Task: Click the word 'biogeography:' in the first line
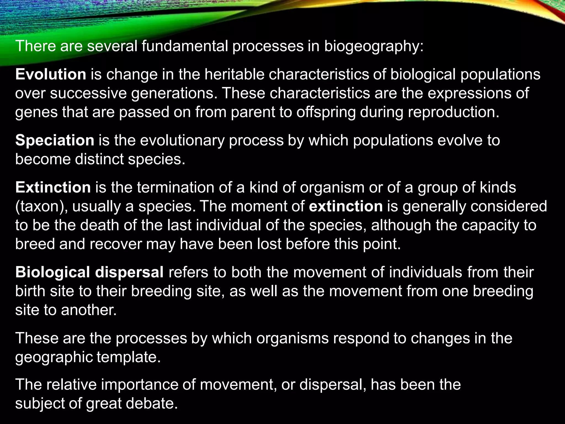pyautogui.click(x=374, y=46)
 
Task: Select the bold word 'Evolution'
pyautogui.click(x=51, y=75)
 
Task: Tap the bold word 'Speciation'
pyautogui.click(x=55, y=140)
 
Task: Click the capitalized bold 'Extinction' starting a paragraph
pyautogui.click(x=53, y=187)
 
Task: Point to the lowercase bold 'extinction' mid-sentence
pyautogui.click(x=346, y=206)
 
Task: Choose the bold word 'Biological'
pyautogui.click(x=53, y=272)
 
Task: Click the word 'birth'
pyautogui.click(x=30, y=291)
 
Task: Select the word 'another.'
pyautogui.click(x=89, y=310)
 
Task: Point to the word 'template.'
pyautogui.click(x=129, y=357)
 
